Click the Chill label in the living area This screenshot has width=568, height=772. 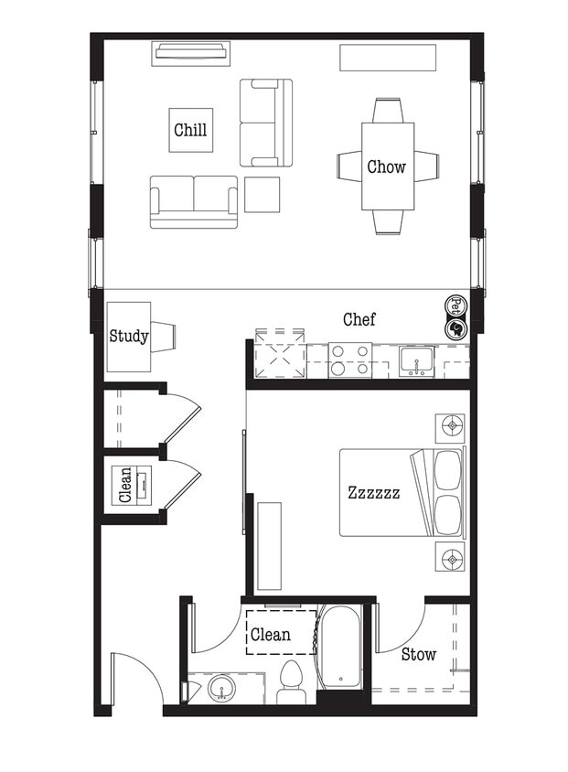point(190,130)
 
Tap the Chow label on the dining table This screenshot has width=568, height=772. point(387,166)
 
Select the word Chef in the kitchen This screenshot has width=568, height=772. point(359,319)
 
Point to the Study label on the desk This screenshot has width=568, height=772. point(128,336)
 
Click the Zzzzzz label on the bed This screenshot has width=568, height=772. point(373,493)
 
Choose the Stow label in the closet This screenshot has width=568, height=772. point(418,654)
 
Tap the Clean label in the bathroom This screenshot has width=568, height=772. point(270,634)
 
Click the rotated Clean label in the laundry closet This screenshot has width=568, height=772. point(126,485)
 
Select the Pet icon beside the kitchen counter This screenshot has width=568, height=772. point(455,305)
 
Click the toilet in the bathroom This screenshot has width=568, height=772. point(291,681)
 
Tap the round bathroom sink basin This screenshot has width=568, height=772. point(221,688)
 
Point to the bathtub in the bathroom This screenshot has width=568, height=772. point(339,647)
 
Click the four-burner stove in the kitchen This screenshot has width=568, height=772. point(350,359)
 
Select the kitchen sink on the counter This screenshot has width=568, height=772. point(417,360)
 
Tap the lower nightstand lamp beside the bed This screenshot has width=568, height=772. point(449,556)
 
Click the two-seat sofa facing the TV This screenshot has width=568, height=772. point(193,201)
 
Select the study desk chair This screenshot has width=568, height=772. point(165,336)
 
